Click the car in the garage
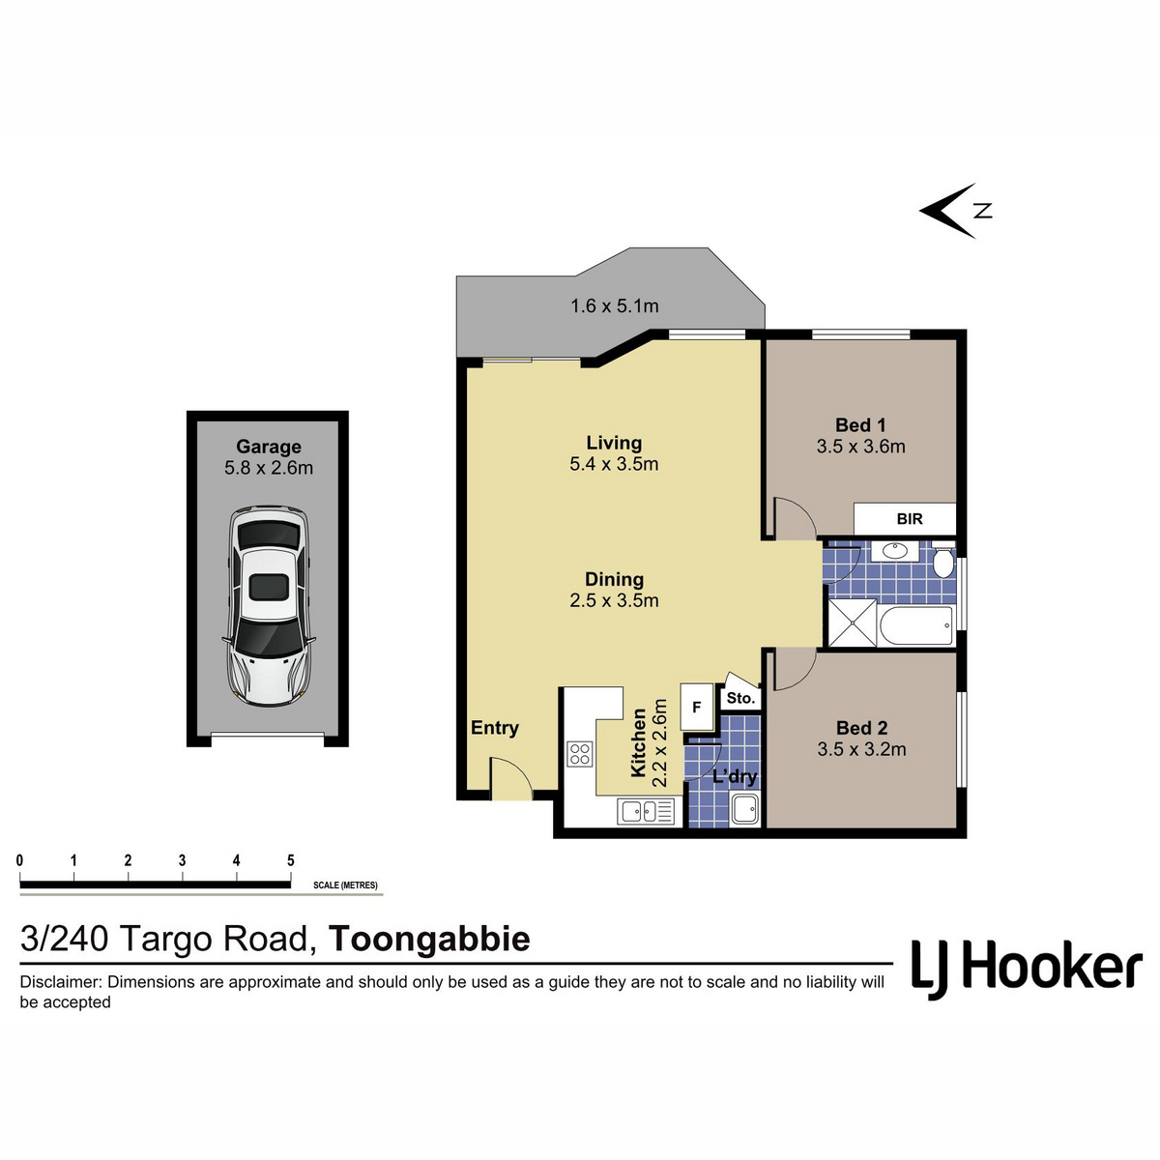click(x=268, y=605)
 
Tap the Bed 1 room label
click(x=860, y=425)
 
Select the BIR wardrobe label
click(x=909, y=518)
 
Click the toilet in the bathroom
click(x=943, y=558)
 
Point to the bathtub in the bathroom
click(x=916, y=625)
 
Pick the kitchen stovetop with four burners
click(x=580, y=754)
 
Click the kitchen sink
click(x=645, y=811)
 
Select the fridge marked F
click(x=696, y=707)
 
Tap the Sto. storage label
click(x=740, y=698)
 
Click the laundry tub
click(x=744, y=808)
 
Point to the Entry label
click(x=495, y=727)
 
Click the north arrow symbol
click(x=953, y=211)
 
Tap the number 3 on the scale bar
click(x=182, y=860)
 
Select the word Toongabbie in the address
click(x=430, y=939)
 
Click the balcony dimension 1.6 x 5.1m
click(x=614, y=305)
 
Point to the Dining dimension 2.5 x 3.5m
click(x=614, y=600)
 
